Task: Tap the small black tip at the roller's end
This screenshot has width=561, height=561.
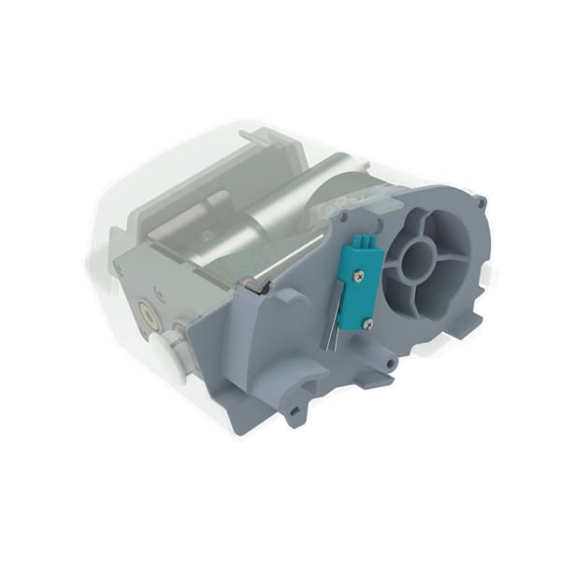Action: pos(265,287)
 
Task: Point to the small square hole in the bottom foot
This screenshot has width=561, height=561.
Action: pos(297,409)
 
